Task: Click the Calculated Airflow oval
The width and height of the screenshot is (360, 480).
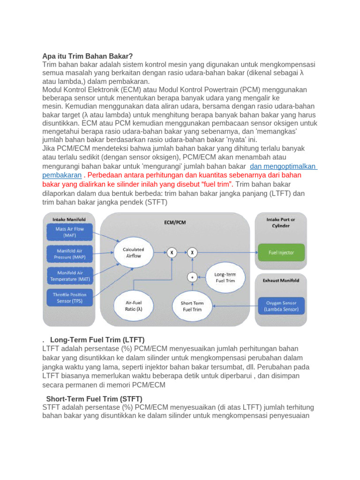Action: coord(133,253)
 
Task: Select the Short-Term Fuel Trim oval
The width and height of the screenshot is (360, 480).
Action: coord(191,306)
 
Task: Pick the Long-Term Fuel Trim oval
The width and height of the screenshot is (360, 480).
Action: coord(225,277)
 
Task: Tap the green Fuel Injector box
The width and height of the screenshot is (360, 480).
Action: coord(281,252)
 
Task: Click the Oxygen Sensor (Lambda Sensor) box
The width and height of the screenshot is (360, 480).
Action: coord(281,306)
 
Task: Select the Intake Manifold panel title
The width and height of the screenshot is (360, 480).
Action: coord(69,219)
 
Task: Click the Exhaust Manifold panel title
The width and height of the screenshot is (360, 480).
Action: coord(281,280)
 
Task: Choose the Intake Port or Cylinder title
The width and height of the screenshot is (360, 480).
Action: coord(281,222)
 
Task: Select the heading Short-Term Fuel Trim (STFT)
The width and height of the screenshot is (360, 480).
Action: coord(94,398)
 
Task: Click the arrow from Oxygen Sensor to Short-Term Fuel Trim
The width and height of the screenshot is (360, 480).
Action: coord(234,306)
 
